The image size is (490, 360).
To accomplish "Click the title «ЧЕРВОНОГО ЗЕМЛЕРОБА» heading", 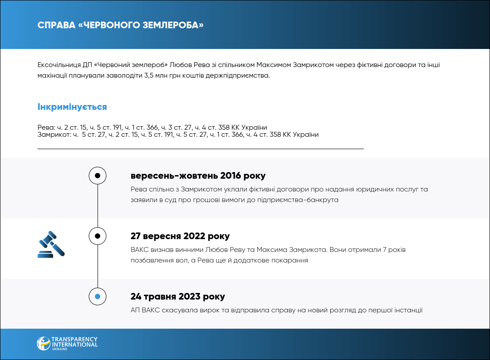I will pos(121,25).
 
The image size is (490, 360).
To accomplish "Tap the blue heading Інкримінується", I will pos(72,107).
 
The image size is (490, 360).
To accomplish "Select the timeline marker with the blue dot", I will pos(98,296).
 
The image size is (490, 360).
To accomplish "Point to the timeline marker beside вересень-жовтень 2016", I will pos(98,176).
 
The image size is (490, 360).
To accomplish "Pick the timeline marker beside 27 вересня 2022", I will pos(98,236).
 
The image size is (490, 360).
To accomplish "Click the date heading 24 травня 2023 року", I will pos(177,296).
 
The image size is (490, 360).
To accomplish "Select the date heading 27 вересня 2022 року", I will pos(180,236).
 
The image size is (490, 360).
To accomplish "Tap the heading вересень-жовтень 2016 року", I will pos(198,176).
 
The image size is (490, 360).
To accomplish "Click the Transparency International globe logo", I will pos(43,344).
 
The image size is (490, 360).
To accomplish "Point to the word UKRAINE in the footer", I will pos(59,349).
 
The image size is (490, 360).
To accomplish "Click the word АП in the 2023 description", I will pos(135,310).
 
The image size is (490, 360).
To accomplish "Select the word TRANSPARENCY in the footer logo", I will pos(75,339).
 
